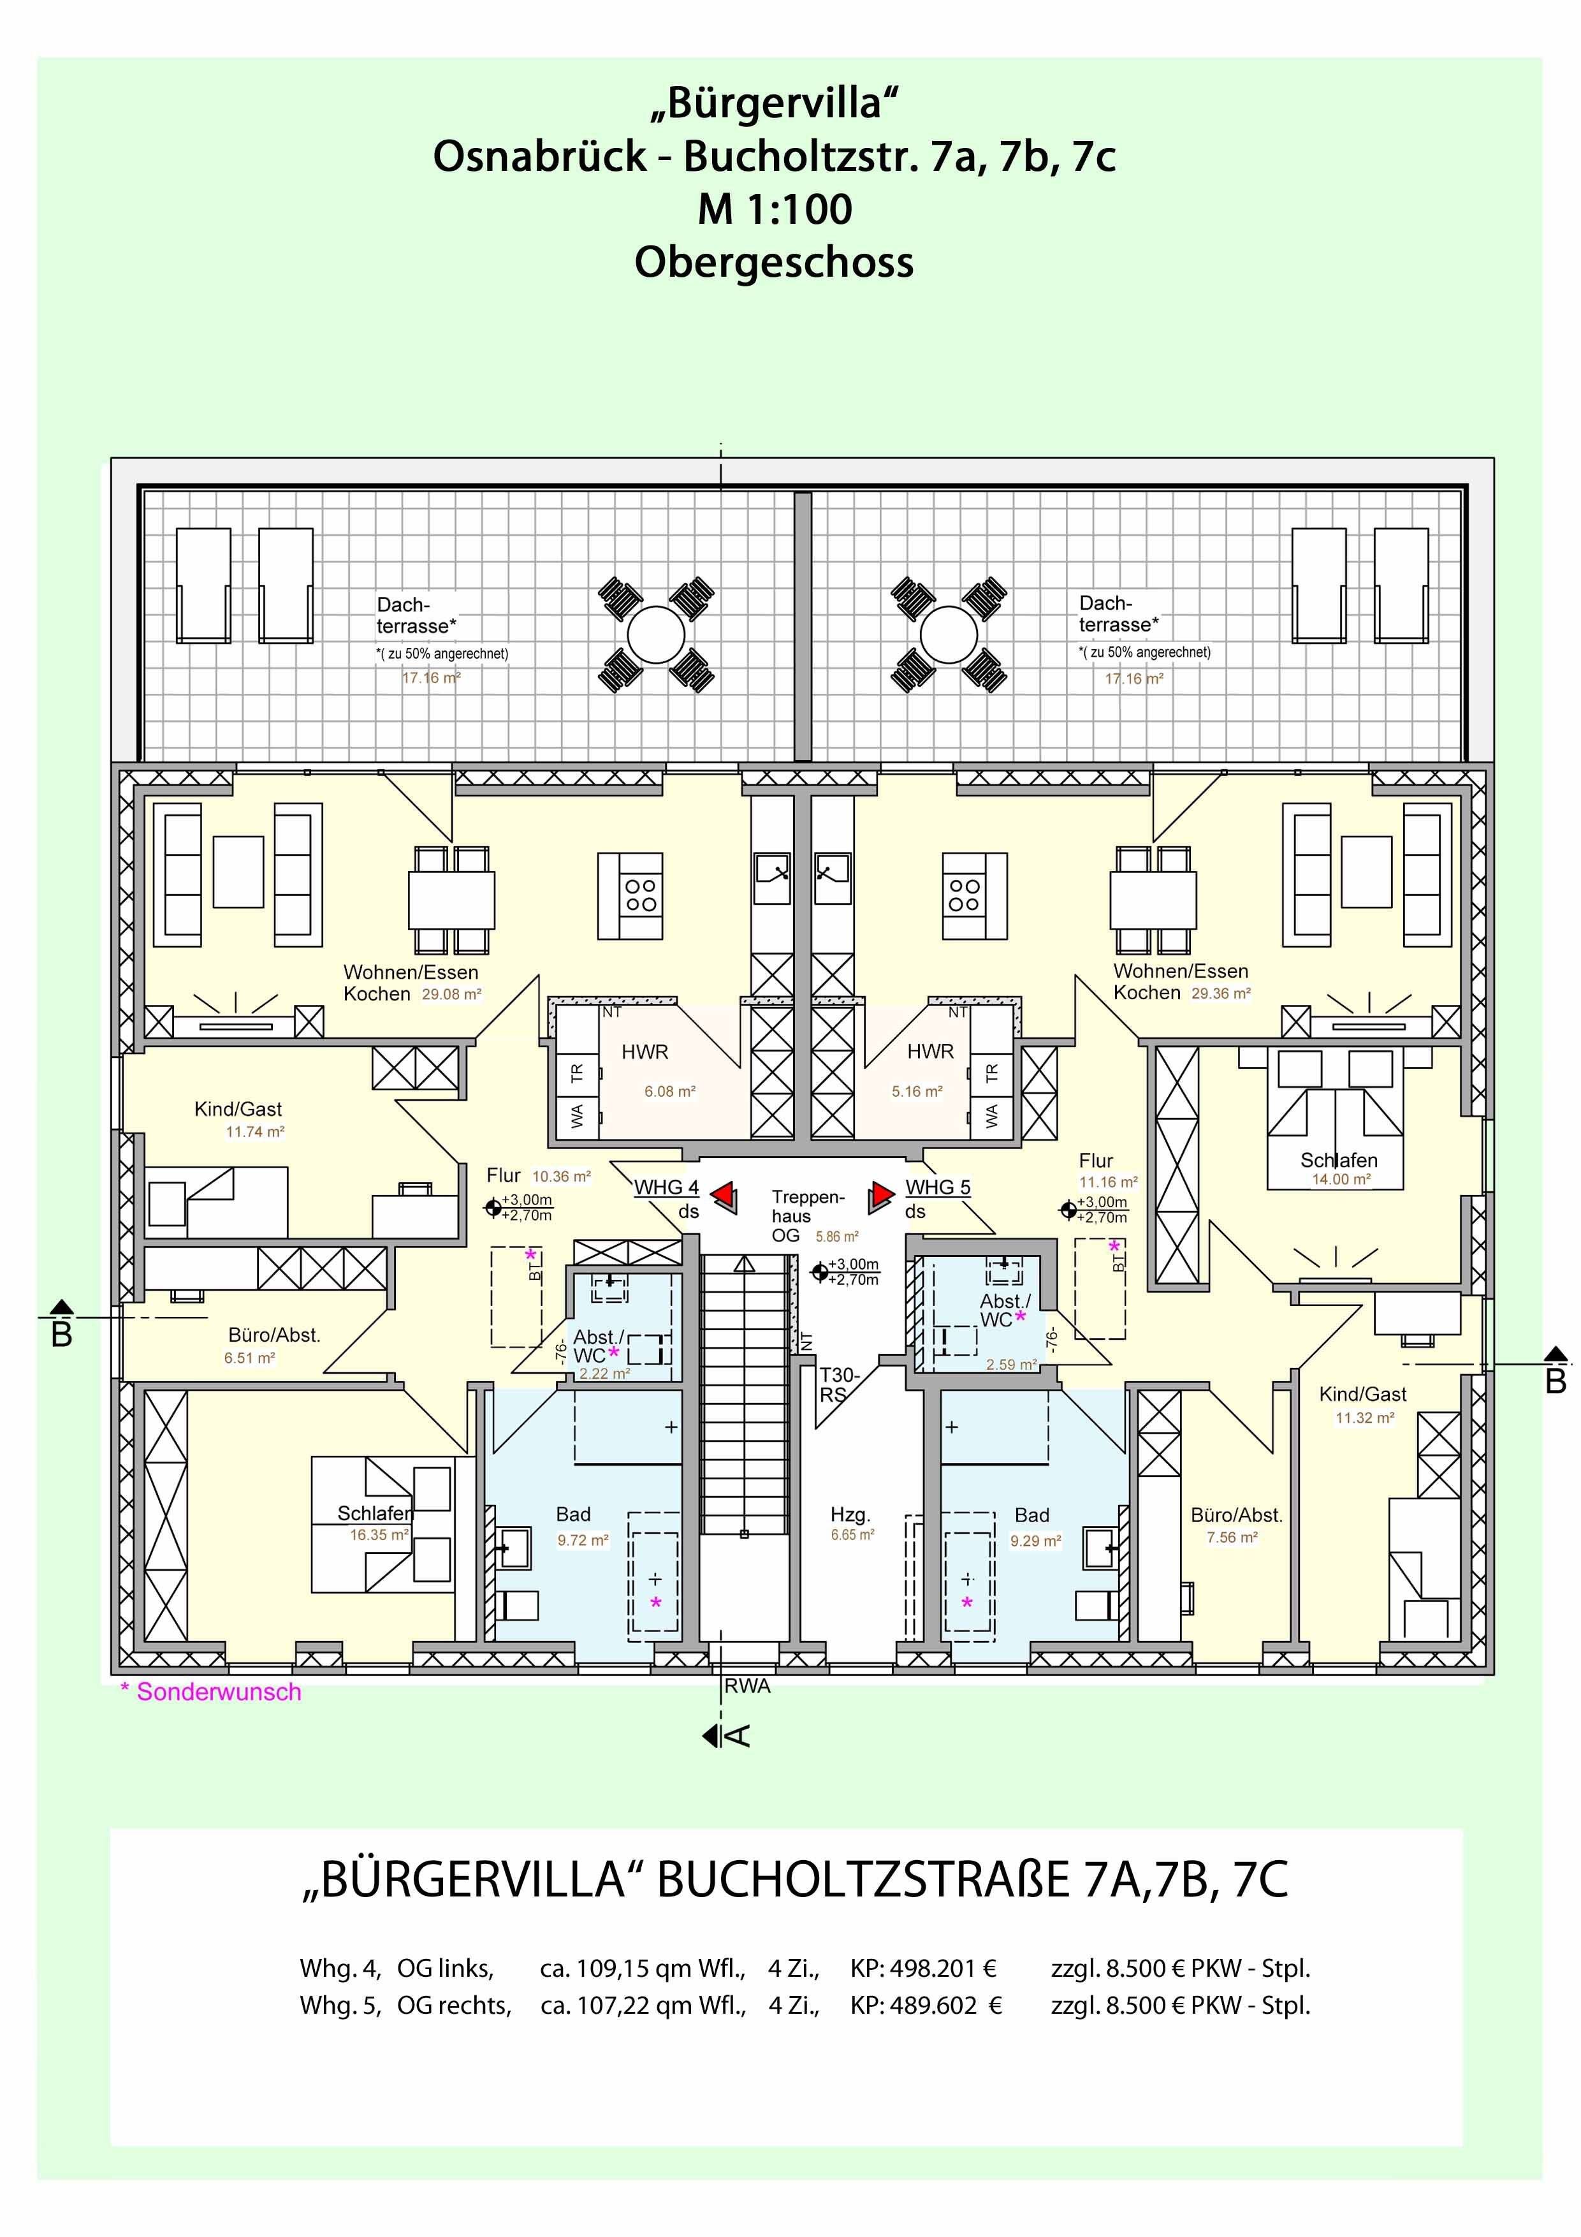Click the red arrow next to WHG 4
pyautogui.click(x=724, y=1196)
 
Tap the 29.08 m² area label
pyautogui.click(x=451, y=995)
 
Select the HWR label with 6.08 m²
pyautogui.click(x=645, y=1052)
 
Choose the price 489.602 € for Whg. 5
pyautogui.click(x=926, y=2006)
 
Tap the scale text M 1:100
pyautogui.click(x=775, y=209)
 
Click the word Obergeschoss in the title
pyautogui.click(x=775, y=262)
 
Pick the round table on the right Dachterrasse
pyautogui.click(x=948, y=634)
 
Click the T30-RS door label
pyautogui.click(x=838, y=1384)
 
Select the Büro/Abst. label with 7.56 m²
pyautogui.click(x=1236, y=1516)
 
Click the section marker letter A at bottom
pyautogui.click(x=738, y=1735)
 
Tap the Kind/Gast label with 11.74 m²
pyautogui.click(x=238, y=1109)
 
